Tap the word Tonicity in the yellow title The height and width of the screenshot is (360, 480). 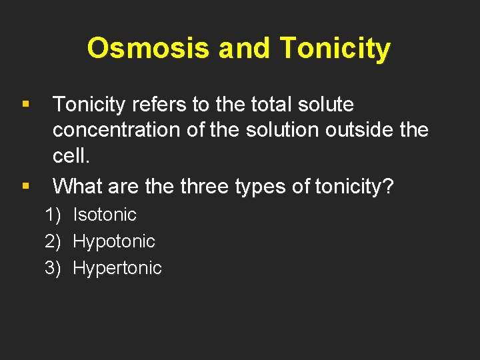click(335, 49)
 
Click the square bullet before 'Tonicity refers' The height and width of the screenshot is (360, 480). click(25, 105)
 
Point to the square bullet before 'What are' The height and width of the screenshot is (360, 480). click(25, 186)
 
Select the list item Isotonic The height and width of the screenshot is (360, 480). click(104, 215)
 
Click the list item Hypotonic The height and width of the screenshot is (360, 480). click(113, 241)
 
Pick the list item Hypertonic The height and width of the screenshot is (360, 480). click(117, 268)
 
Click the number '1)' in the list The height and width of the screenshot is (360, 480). click(53, 215)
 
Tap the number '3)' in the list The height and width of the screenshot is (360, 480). click(53, 268)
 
